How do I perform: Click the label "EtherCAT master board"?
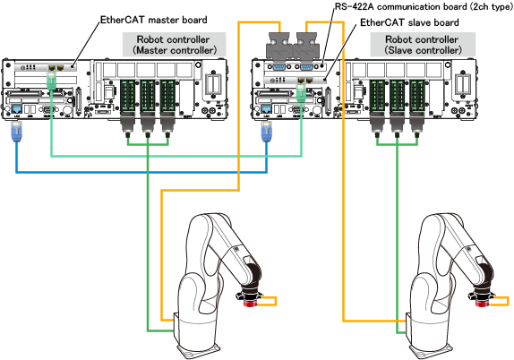(x=153, y=20)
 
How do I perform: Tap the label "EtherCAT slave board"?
(x=409, y=22)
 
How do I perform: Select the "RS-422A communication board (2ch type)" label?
(x=424, y=6)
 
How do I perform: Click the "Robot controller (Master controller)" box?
(x=175, y=45)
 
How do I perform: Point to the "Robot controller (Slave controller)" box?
(x=423, y=45)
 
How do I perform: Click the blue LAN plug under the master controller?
(x=16, y=132)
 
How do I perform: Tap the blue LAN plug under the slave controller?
(x=267, y=132)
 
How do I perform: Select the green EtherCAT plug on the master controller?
(x=52, y=81)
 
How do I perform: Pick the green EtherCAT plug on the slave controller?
(x=301, y=93)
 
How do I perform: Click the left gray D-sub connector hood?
(x=278, y=47)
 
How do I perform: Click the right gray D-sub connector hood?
(x=306, y=47)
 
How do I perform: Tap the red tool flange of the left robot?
(x=250, y=303)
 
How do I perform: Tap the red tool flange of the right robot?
(x=482, y=303)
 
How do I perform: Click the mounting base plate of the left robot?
(x=197, y=350)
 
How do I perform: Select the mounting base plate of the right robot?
(x=429, y=350)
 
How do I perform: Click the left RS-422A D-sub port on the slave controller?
(x=279, y=67)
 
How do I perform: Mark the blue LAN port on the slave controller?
(x=267, y=109)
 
